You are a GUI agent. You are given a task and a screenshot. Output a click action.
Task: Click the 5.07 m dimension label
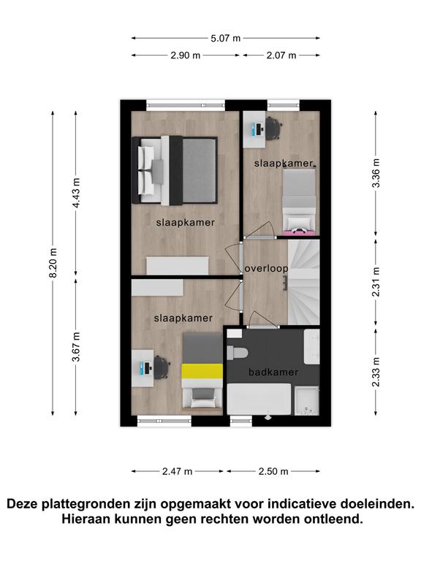[225, 38]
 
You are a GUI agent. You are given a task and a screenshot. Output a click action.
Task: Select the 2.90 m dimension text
[185, 56]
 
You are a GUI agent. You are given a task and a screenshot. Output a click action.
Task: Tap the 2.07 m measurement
[281, 56]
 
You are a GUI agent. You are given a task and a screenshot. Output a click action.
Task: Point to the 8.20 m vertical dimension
[53, 263]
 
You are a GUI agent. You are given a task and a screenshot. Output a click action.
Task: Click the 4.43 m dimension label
[76, 193]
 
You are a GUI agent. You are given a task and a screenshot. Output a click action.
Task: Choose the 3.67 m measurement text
[76, 347]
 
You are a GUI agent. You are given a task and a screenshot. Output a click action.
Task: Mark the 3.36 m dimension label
[376, 173]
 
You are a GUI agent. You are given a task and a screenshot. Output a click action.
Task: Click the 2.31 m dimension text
[376, 282]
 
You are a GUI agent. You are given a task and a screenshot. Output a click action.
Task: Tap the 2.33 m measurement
[376, 372]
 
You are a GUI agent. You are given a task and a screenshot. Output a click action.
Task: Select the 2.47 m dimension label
[177, 471]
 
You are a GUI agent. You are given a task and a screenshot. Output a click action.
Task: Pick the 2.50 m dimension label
[273, 471]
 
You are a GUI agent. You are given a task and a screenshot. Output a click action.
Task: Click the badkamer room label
[273, 372]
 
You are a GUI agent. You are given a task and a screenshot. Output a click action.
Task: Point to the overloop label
[266, 269]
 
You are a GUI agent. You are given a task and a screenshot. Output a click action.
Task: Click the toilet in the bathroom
[238, 352]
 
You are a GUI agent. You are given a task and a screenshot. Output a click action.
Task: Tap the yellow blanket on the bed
[202, 371]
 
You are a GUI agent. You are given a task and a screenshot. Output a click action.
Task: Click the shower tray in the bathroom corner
[306, 401]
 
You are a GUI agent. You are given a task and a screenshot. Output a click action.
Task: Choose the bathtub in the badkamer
[259, 400]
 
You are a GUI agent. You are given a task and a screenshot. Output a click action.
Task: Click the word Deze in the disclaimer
[23, 504]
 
